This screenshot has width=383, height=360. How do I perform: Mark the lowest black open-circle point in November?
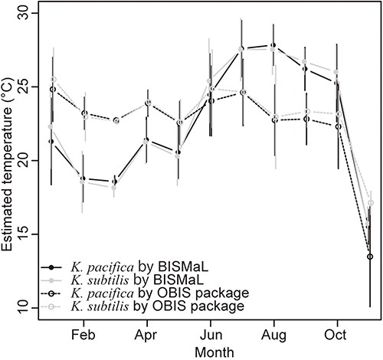tap(370, 257)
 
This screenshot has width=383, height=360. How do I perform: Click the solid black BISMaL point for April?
tap(147, 141)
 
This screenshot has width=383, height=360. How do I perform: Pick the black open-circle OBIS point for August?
tap(273, 120)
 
